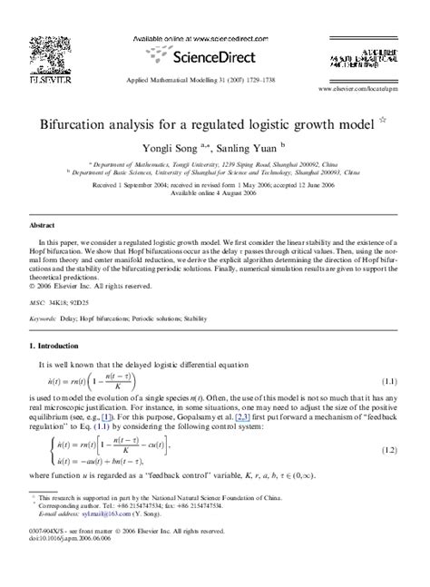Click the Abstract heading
pyautogui.click(x=42, y=223)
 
